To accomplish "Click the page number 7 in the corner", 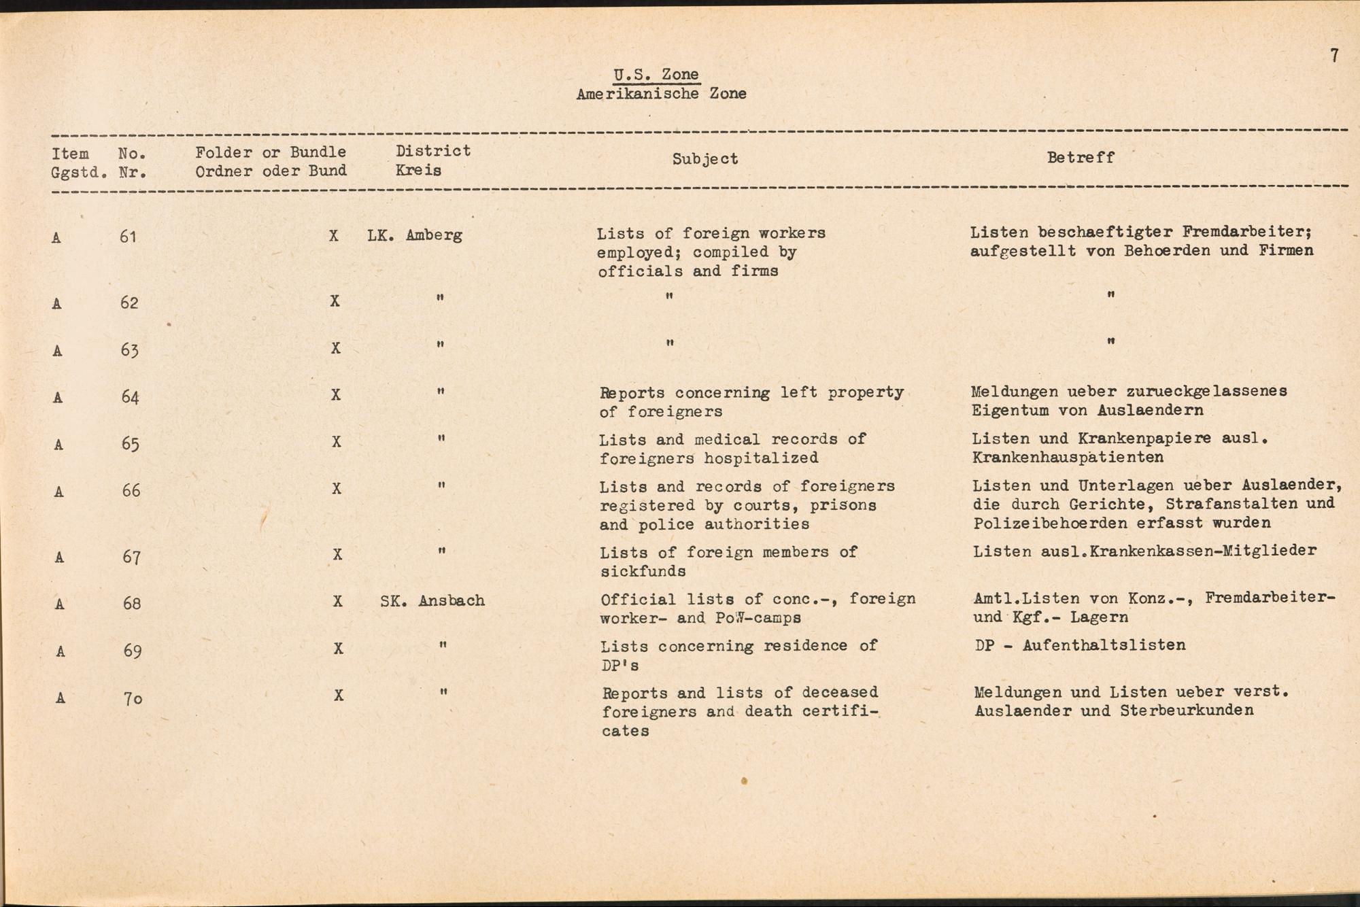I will coord(1334,56).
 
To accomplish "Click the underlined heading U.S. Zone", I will coord(656,75).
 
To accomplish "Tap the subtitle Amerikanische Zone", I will coord(661,94).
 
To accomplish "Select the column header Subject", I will coord(704,159).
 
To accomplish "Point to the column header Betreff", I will coord(1081,158).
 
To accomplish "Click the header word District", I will coord(433,151).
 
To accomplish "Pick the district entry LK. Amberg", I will coord(415,235).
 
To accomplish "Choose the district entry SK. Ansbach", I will coord(432,601).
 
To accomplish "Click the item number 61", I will coord(128,237).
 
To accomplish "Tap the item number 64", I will coord(130,397).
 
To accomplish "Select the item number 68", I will coord(131,603).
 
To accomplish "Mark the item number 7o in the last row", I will coord(133,698).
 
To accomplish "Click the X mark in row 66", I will coord(336,489).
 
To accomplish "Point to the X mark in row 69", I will coord(338,649).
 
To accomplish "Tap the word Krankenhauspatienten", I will coord(1068,458).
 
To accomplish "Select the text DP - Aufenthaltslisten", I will coord(1080,645).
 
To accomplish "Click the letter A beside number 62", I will coord(57,304).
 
